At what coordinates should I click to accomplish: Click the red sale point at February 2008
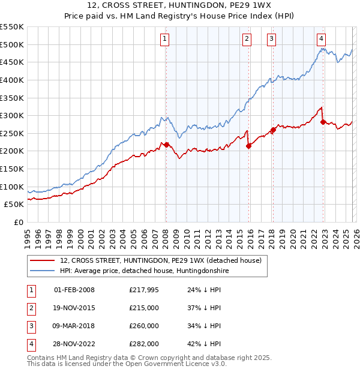(166, 145)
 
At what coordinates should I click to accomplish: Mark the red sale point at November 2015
(248, 146)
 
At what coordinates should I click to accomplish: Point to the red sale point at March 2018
(273, 130)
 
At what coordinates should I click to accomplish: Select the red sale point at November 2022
(323, 122)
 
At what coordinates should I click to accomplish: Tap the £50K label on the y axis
(14, 204)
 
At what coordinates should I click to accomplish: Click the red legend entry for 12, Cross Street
(160, 261)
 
